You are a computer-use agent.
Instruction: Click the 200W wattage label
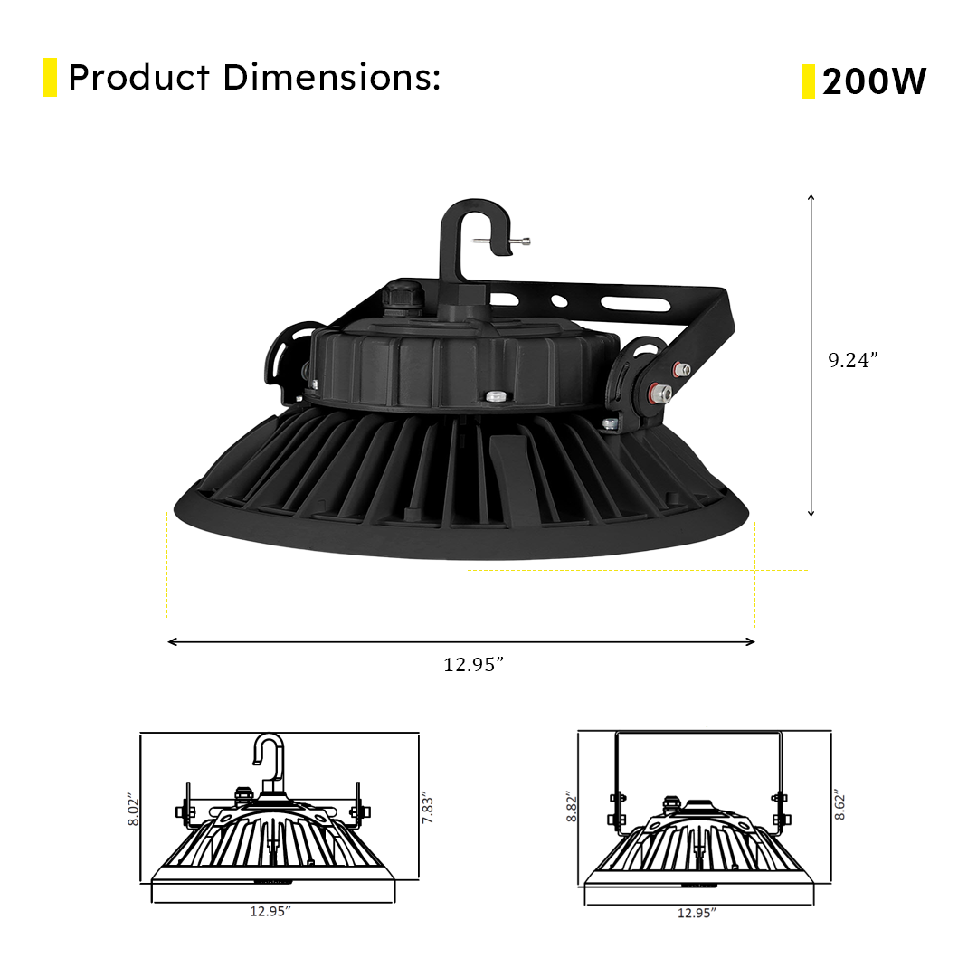click(874, 82)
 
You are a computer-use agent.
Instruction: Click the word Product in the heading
click(138, 78)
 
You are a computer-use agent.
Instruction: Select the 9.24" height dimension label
click(853, 360)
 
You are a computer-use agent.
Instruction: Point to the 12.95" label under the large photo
click(473, 665)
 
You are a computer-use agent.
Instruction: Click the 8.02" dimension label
click(131, 811)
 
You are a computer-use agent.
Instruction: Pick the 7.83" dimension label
click(429, 807)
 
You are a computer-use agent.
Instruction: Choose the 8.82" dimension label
click(570, 805)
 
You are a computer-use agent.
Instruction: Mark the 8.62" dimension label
click(840, 803)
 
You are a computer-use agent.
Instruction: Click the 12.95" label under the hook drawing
click(270, 911)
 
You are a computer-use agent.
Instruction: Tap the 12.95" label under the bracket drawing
click(697, 913)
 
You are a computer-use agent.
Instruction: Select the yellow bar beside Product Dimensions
click(50, 78)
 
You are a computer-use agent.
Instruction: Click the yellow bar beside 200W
click(808, 81)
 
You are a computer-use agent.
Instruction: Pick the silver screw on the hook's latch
click(519, 241)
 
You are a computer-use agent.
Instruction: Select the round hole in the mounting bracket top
click(559, 300)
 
